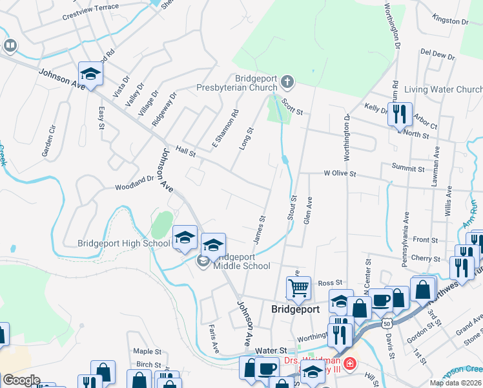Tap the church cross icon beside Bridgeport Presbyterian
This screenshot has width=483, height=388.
[287, 83]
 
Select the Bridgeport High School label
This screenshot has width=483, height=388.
[123, 244]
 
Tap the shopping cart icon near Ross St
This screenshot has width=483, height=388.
[299, 288]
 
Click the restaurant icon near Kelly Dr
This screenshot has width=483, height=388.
[400, 114]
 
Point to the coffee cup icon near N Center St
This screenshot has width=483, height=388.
[381, 299]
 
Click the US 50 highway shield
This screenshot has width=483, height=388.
[386, 321]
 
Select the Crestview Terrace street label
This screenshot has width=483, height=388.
[90, 16]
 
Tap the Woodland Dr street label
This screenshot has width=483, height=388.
[134, 186]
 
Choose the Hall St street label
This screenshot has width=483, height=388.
[185, 151]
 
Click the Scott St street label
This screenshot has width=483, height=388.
[292, 107]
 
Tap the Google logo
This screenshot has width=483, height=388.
[21, 380]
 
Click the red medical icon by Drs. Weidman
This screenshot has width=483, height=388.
[349, 363]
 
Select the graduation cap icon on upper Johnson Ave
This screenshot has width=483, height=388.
[91, 74]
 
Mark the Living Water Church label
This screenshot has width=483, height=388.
[443, 89]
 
